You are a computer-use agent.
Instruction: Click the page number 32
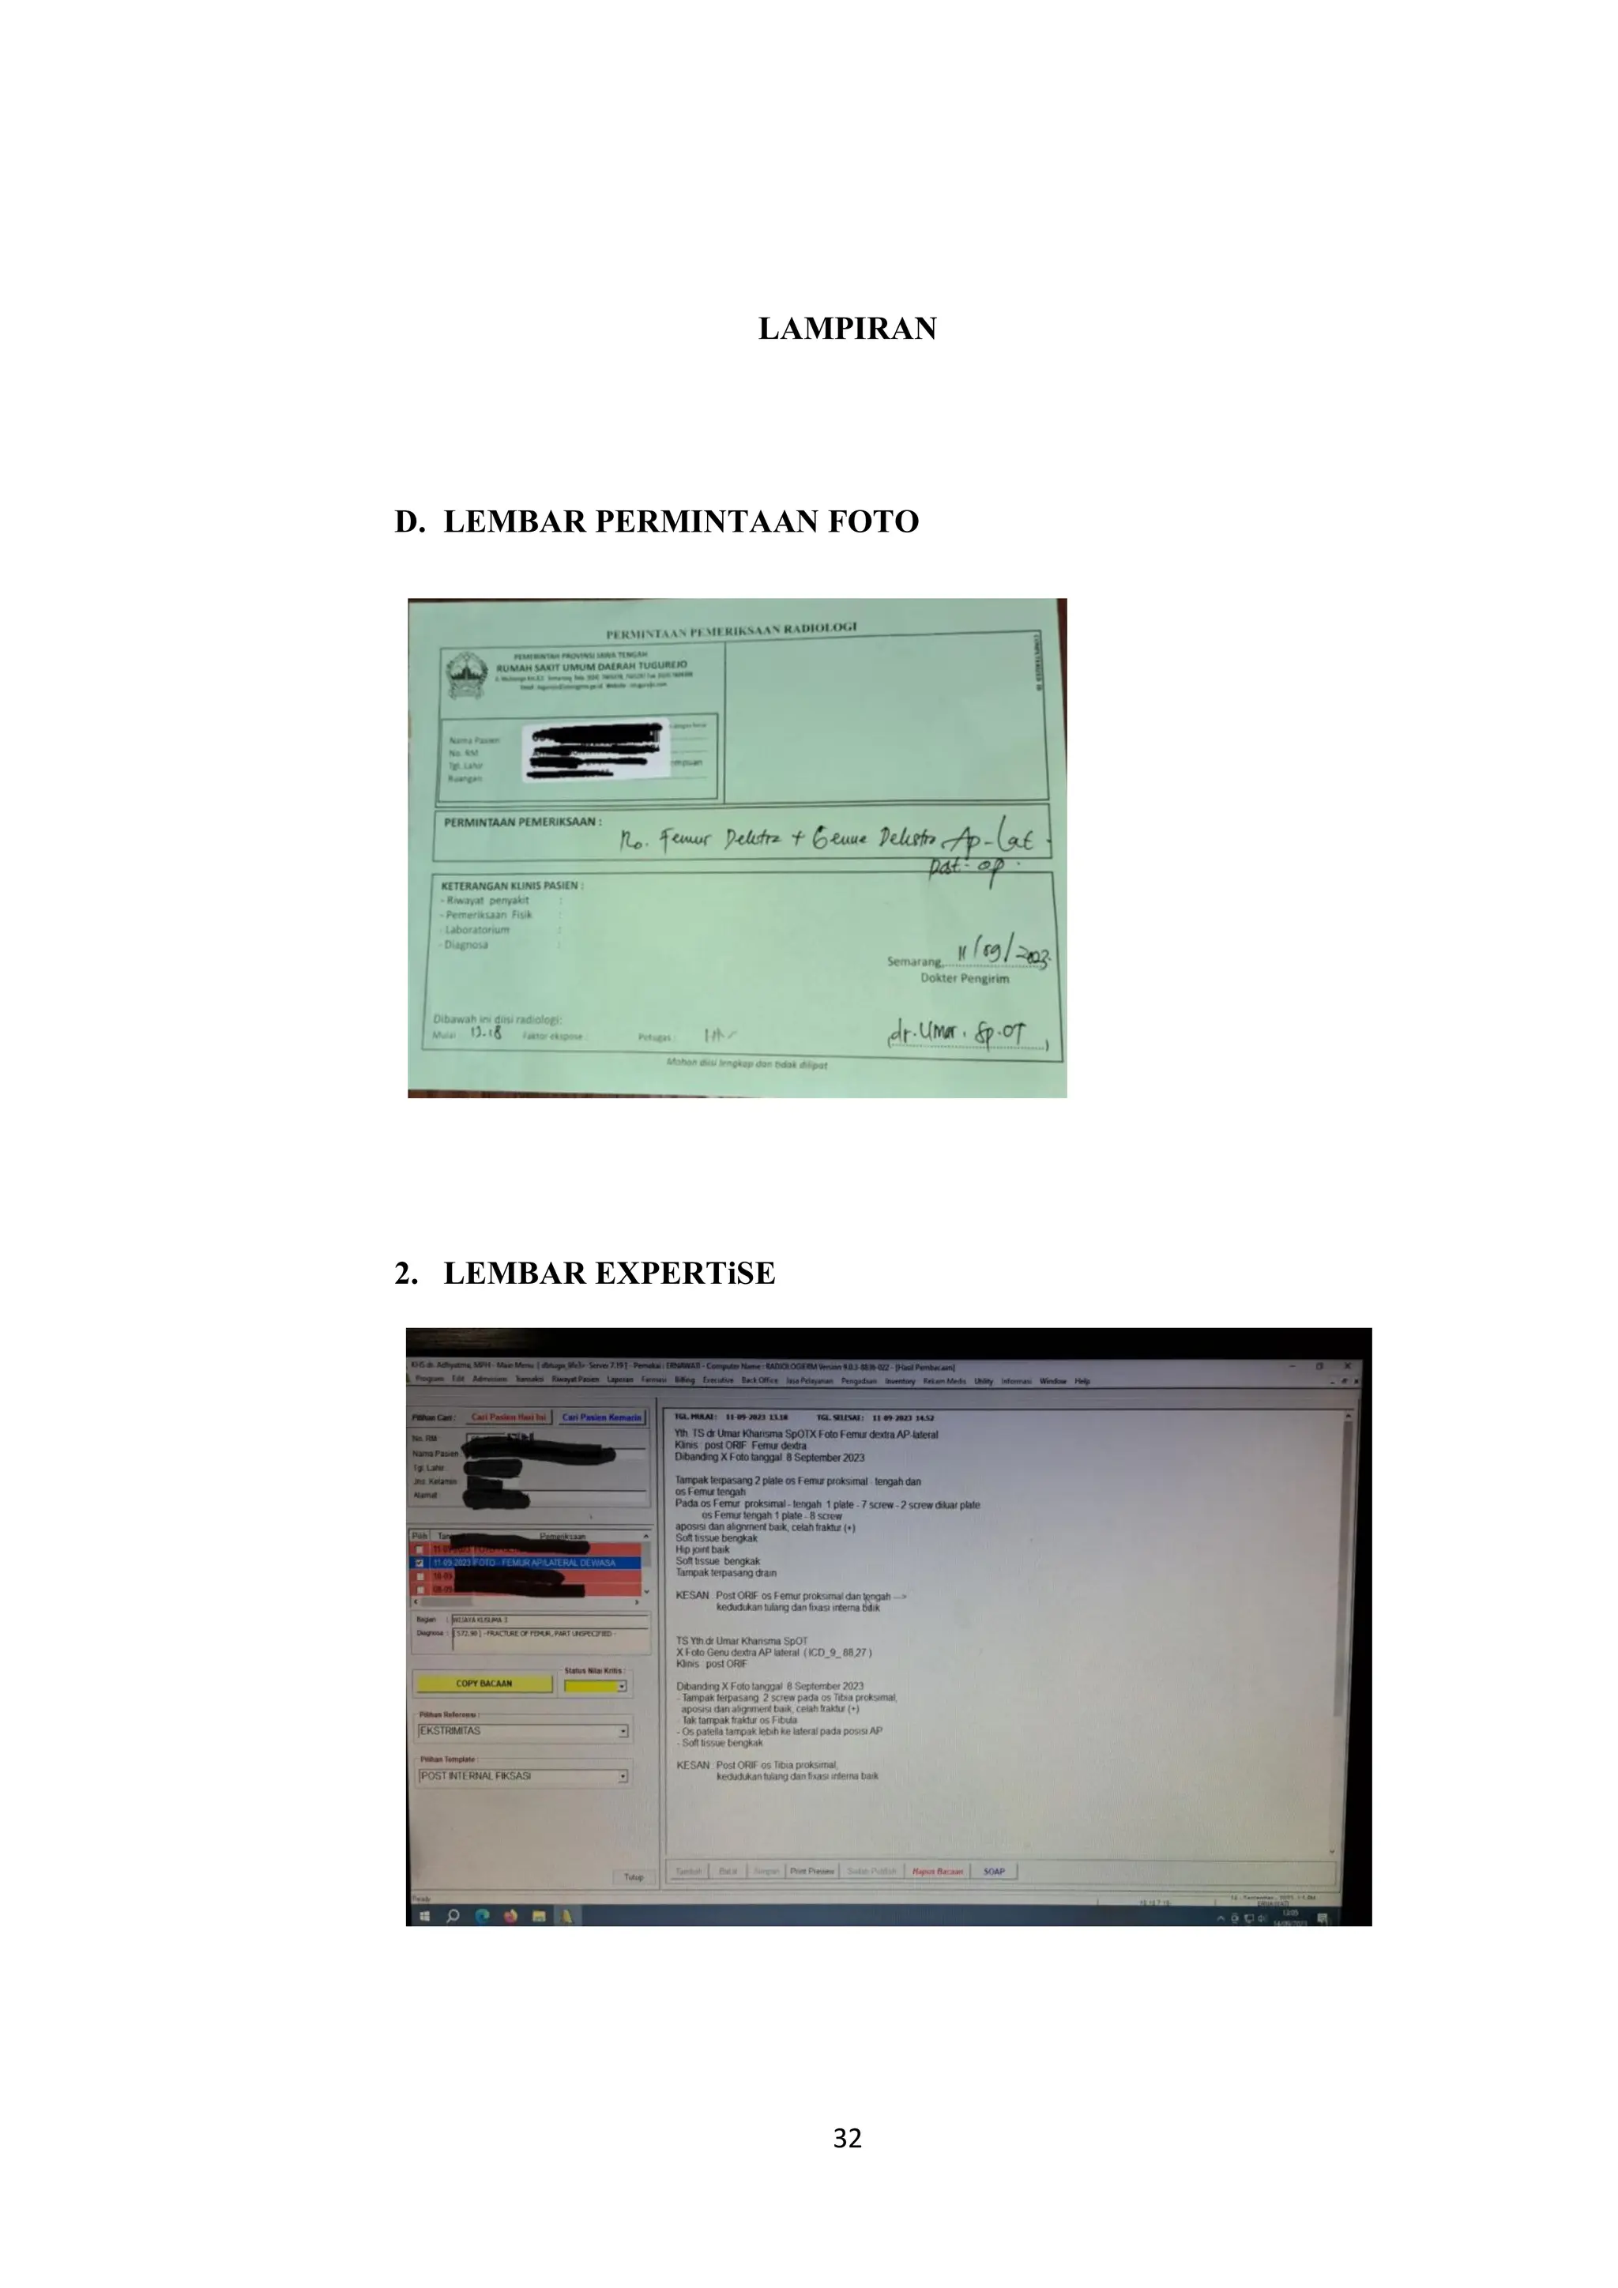pos(847,2138)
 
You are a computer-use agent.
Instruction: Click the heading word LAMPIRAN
pos(847,329)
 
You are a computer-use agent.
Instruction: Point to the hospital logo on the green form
pos(465,675)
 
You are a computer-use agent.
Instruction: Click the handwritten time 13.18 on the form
pos(485,1033)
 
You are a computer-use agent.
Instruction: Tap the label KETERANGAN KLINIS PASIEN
pos(512,885)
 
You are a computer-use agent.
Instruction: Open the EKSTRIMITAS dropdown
pos(623,1731)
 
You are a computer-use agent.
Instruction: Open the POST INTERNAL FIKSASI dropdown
pos(623,1776)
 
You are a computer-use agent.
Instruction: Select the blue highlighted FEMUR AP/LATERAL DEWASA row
pos(528,1563)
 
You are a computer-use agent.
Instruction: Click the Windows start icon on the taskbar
pos(424,1915)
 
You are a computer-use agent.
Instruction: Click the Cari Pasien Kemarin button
pos(600,1417)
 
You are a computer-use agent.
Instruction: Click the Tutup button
pos(633,1876)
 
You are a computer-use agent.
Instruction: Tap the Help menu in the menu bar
pos(1082,1381)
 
